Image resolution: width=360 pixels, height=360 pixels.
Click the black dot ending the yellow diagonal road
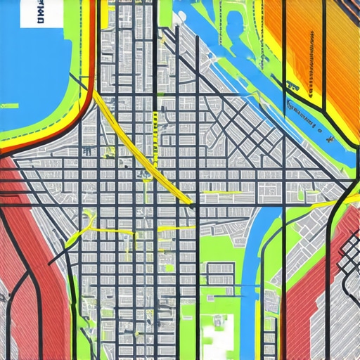pos(193,206)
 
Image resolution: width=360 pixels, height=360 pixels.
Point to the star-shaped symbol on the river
pos(328,139)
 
